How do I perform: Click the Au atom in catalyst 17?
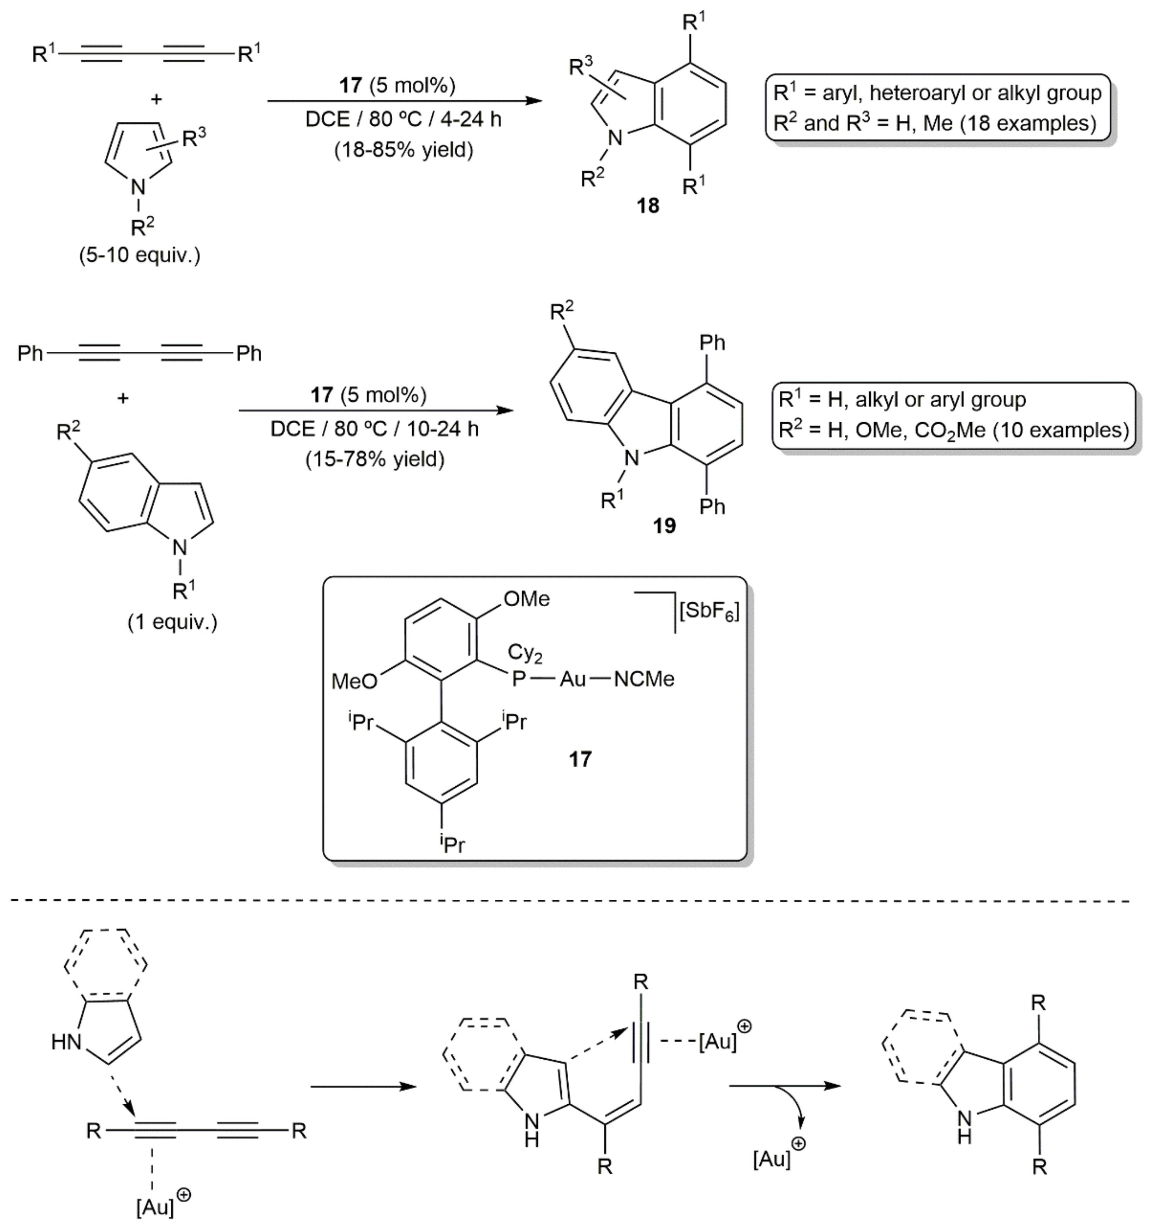(x=572, y=679)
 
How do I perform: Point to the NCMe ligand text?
(x=644, y=679)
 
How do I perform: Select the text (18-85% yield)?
(x=404, y=150)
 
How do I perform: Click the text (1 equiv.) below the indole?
(x=173, y=622)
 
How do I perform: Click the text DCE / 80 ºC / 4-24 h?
(x=404, y=119)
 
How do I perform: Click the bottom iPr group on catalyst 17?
(x=452, y=843)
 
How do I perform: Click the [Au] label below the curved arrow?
(x=772, y=1159)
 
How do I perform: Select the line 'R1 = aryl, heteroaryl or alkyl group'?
(x=937, y=93)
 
